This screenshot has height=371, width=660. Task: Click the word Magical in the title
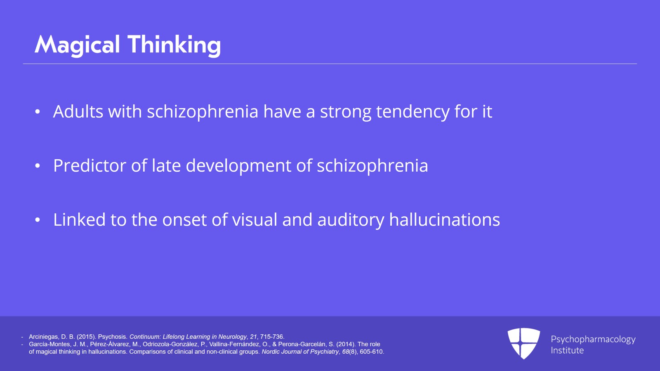[77, 45]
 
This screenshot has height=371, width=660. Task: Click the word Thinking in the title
[174, 45]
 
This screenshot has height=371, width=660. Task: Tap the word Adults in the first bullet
[78, 111]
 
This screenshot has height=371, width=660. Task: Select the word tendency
[413, 112]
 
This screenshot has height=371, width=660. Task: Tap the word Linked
[79, 220]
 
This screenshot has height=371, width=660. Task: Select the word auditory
[351, 220]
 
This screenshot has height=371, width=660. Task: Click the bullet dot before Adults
[37, 112]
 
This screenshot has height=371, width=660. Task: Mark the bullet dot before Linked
[37, 220]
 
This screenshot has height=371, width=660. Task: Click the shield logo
[523, 343]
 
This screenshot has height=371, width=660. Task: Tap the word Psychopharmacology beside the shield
[593, 340]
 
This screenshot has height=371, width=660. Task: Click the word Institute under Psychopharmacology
[567, 350]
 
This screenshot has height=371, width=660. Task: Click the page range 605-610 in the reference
[372, 352]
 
